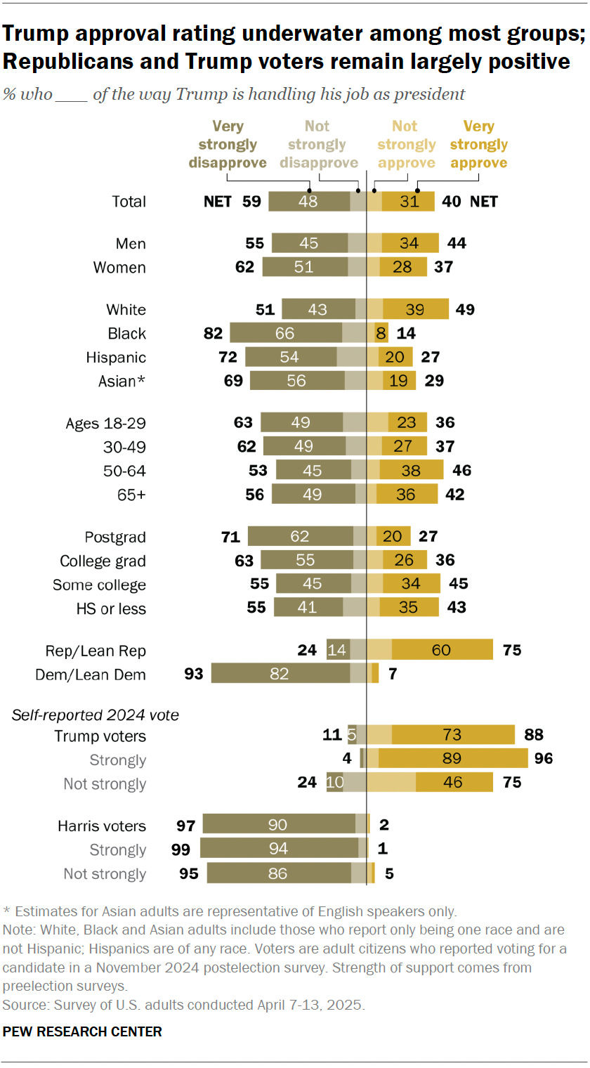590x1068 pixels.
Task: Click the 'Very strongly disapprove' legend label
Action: click(228, 145)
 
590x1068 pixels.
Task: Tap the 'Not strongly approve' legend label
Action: click(405, 145)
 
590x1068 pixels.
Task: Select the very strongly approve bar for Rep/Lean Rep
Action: click(442, 650)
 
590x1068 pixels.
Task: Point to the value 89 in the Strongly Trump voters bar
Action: click(452, 760)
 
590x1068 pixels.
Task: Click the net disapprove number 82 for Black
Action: click(214, 333)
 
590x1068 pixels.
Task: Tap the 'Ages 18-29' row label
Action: click(105, 423)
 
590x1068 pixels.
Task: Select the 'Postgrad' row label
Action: click(115, 537)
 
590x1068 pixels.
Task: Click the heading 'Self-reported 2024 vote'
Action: click(96, 715)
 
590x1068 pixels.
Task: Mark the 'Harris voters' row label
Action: click(102, 826)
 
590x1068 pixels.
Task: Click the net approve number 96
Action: click(543, 760)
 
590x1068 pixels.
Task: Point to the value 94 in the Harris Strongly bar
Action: click(280, 849)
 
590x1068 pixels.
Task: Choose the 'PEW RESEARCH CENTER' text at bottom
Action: click(83, 1031)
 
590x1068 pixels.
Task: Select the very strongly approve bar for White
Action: click(415, 309)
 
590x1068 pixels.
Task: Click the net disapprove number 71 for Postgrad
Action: click(230, 537)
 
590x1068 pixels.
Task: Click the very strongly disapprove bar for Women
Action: click(305, 267)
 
